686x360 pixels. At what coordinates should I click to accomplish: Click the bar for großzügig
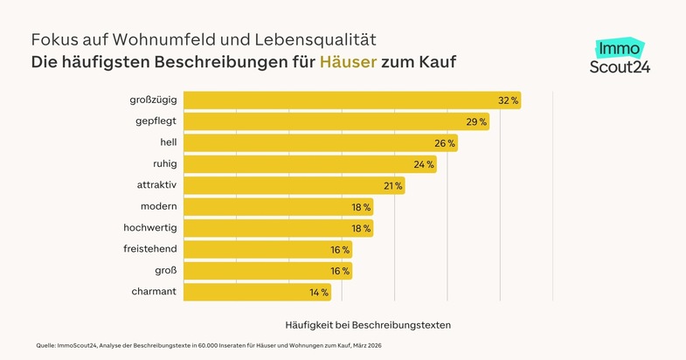point(350,100)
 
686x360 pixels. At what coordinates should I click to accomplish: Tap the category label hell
point(169,142)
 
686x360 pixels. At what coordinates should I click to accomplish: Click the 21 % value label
point(392,185)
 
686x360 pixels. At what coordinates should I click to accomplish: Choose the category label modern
point(159,206)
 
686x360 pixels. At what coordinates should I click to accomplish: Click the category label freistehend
point(150,249)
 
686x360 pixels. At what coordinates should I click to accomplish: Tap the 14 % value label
point(318,292)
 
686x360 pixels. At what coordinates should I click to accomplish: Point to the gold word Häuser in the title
point(347,63)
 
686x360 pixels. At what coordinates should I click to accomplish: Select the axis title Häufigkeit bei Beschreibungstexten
point(368,325)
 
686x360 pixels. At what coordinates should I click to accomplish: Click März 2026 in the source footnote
point(367,346)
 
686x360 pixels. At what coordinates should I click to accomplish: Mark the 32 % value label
point(508,100)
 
